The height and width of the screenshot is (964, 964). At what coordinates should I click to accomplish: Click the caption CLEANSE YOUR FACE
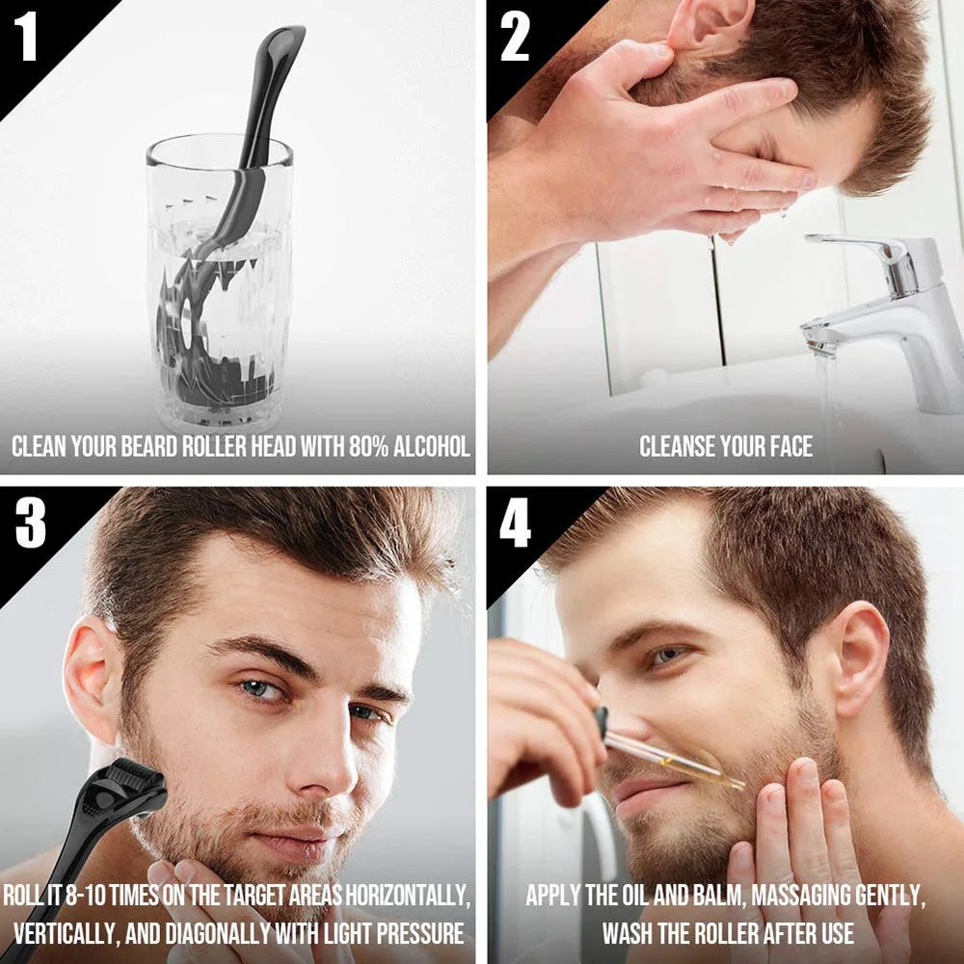click(x=726, y=446)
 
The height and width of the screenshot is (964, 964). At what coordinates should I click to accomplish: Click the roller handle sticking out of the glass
click(x=272, y=87)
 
